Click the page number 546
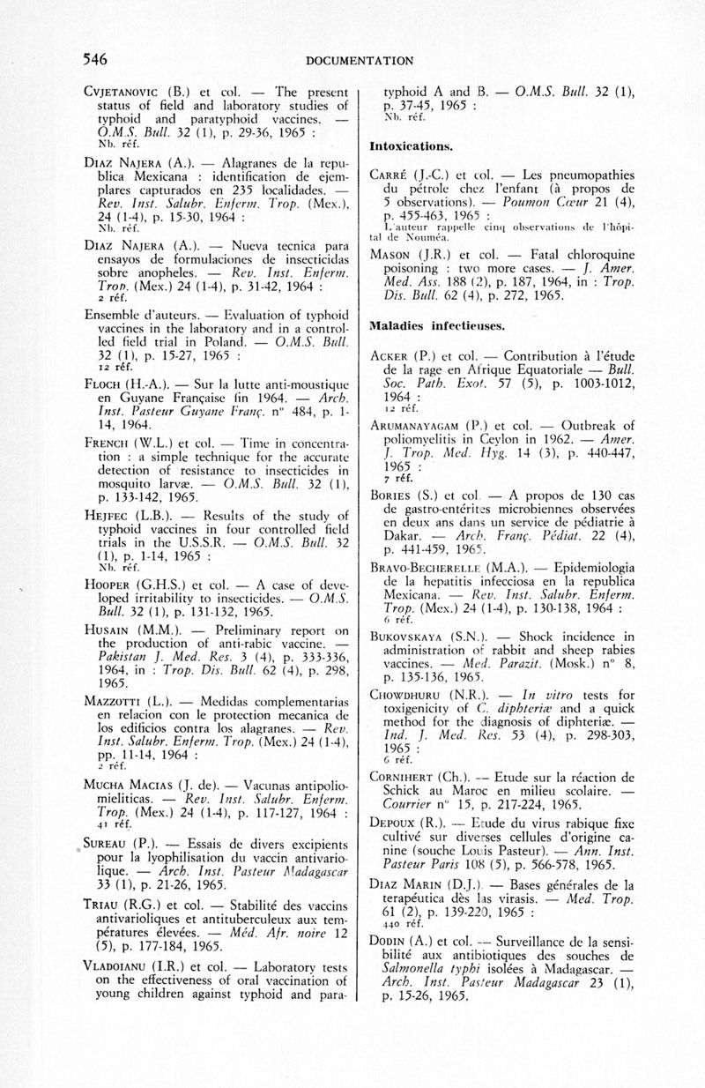point(94,60)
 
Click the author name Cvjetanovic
point(124,91)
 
